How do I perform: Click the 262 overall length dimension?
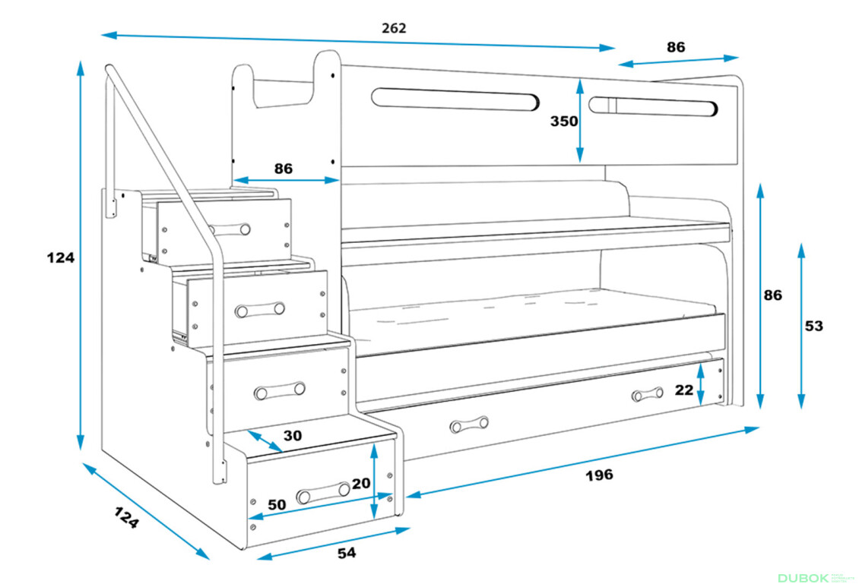[394, 28]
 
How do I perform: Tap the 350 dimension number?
[564, 121]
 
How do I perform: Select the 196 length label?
[599, 475]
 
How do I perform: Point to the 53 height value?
[813, 326]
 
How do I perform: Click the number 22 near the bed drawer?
[684, 390]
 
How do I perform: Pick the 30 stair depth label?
[293, 436]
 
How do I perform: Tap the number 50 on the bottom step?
[277, 504]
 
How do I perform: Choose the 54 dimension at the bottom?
[346, 554]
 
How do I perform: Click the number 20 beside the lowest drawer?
[361, 483]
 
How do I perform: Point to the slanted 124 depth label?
[127, 518]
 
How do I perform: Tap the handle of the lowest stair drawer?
[323, 493]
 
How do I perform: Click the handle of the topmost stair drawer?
[229, 229]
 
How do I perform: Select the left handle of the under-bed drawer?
[469, 425]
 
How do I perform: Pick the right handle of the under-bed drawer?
[647, 394]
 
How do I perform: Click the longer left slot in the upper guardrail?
[455, 99]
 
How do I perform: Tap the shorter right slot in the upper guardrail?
[652, 107]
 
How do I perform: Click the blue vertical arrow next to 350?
[580, 119]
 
